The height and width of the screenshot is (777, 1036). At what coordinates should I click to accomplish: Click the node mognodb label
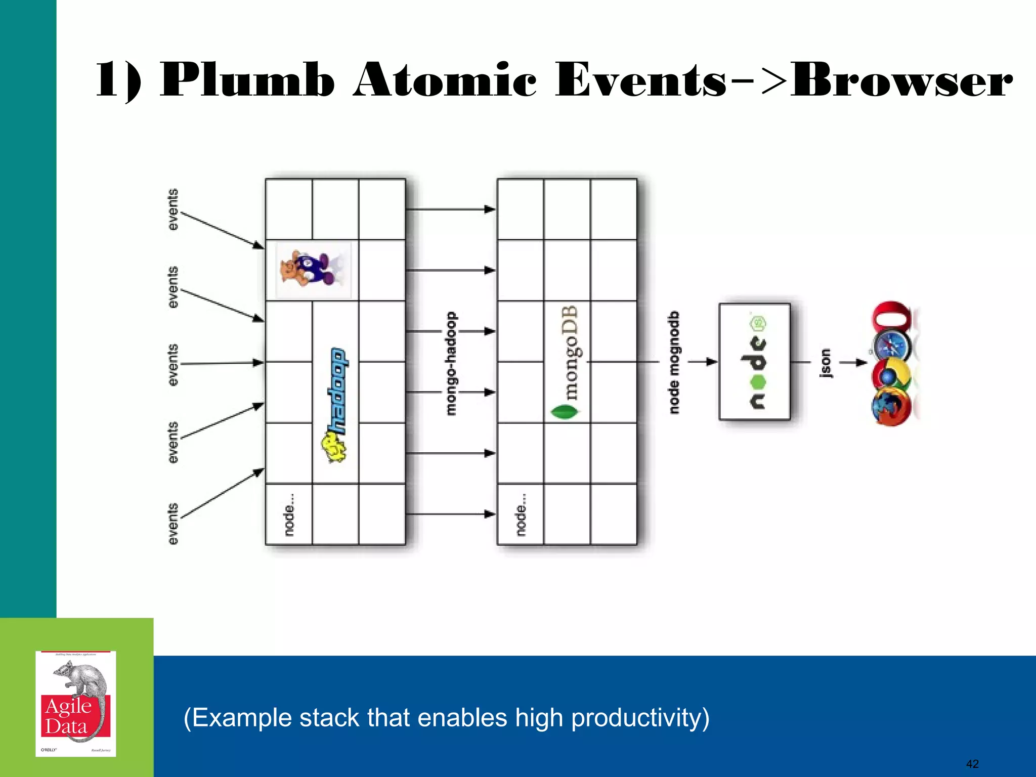[674, 362]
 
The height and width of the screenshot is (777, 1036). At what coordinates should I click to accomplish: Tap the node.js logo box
[754, 362]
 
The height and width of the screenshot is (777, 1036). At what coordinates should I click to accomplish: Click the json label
[825, 362]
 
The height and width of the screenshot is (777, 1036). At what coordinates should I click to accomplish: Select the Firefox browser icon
[890, 406]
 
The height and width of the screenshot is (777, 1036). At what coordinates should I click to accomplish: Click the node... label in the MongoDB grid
[521, 514]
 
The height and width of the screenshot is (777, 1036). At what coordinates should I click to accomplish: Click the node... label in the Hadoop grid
[289, 514]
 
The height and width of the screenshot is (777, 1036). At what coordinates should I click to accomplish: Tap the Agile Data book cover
[76, 704]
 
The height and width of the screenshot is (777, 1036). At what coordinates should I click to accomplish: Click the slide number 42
[972, 764]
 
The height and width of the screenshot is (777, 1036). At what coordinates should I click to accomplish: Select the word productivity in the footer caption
[640, 718]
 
